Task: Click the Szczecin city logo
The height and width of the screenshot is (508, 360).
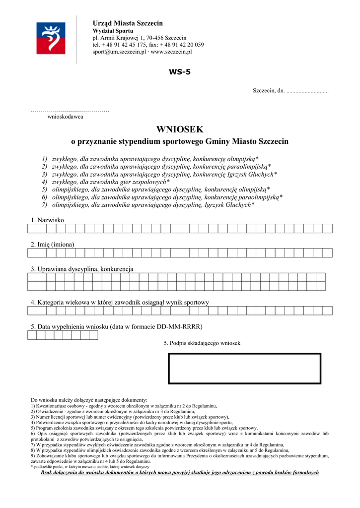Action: [50, 38]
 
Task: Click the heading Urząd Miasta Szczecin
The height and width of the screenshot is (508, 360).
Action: [128, 23]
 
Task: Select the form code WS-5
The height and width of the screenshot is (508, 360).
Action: [179, 72]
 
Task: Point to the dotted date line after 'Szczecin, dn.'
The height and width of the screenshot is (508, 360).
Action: [307, 91]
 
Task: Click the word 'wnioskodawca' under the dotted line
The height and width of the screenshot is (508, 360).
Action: [65, 117]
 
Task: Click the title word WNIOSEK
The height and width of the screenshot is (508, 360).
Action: [180, 129]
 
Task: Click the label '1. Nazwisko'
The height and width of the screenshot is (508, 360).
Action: [47, 220]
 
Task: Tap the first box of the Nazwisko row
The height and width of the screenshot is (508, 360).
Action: [32, 228]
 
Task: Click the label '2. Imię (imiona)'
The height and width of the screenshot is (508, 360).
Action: [53, 244]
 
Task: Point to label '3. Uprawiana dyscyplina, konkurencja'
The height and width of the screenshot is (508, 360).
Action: [82, 269]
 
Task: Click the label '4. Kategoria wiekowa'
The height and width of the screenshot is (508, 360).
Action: [120, 302]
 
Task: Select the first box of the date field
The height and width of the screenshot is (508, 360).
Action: [32, 335]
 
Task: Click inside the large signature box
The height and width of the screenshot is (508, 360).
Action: [244, 368]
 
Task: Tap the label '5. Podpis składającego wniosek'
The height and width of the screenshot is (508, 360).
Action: [202, 343]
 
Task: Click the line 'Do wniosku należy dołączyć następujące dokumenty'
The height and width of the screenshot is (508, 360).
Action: [89, 400]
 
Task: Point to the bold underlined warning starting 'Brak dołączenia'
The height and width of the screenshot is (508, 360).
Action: [179, 472]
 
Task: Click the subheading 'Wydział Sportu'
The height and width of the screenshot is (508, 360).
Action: [110, 31]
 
